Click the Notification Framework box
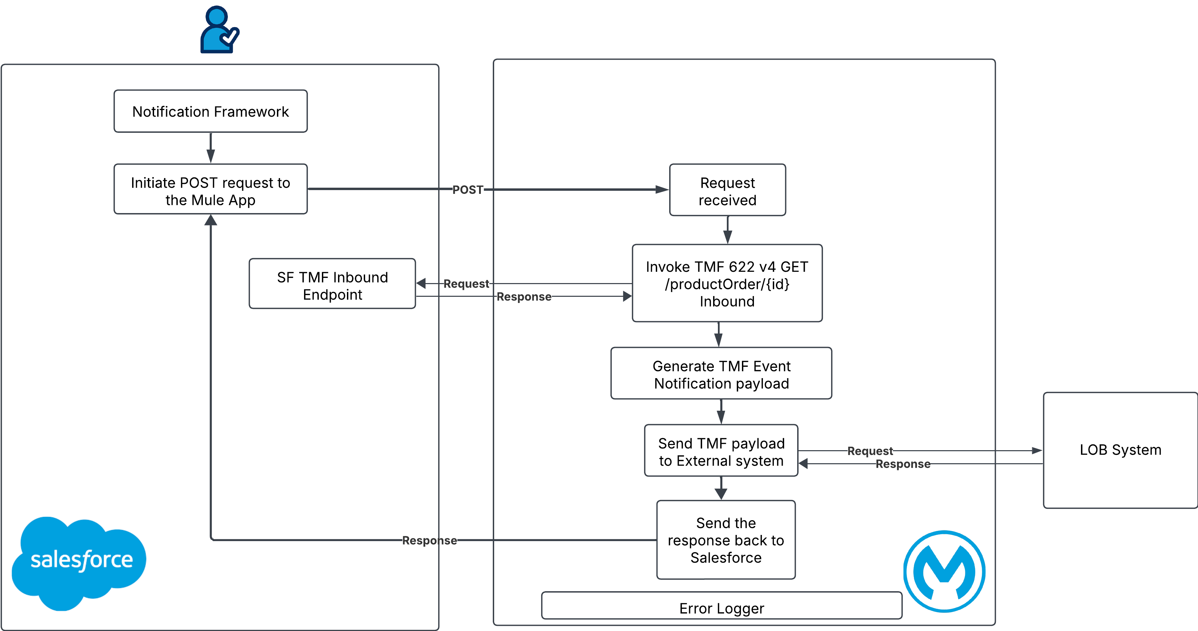(x=210, y=112)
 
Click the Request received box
(x=728, y=190)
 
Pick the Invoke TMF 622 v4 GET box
(x=727, y=283)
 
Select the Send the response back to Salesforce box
(x=725, y=540)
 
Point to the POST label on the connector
(x=468, y=190)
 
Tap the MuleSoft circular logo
(x=944, y=571)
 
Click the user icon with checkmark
(x=220, y=29)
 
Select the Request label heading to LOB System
(x=870, y=451)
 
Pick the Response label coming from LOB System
(x=903, y=464)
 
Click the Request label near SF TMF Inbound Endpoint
(x=466, y=284)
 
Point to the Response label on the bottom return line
(x=429, y=540)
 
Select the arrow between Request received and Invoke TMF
(x=728, y=230)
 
